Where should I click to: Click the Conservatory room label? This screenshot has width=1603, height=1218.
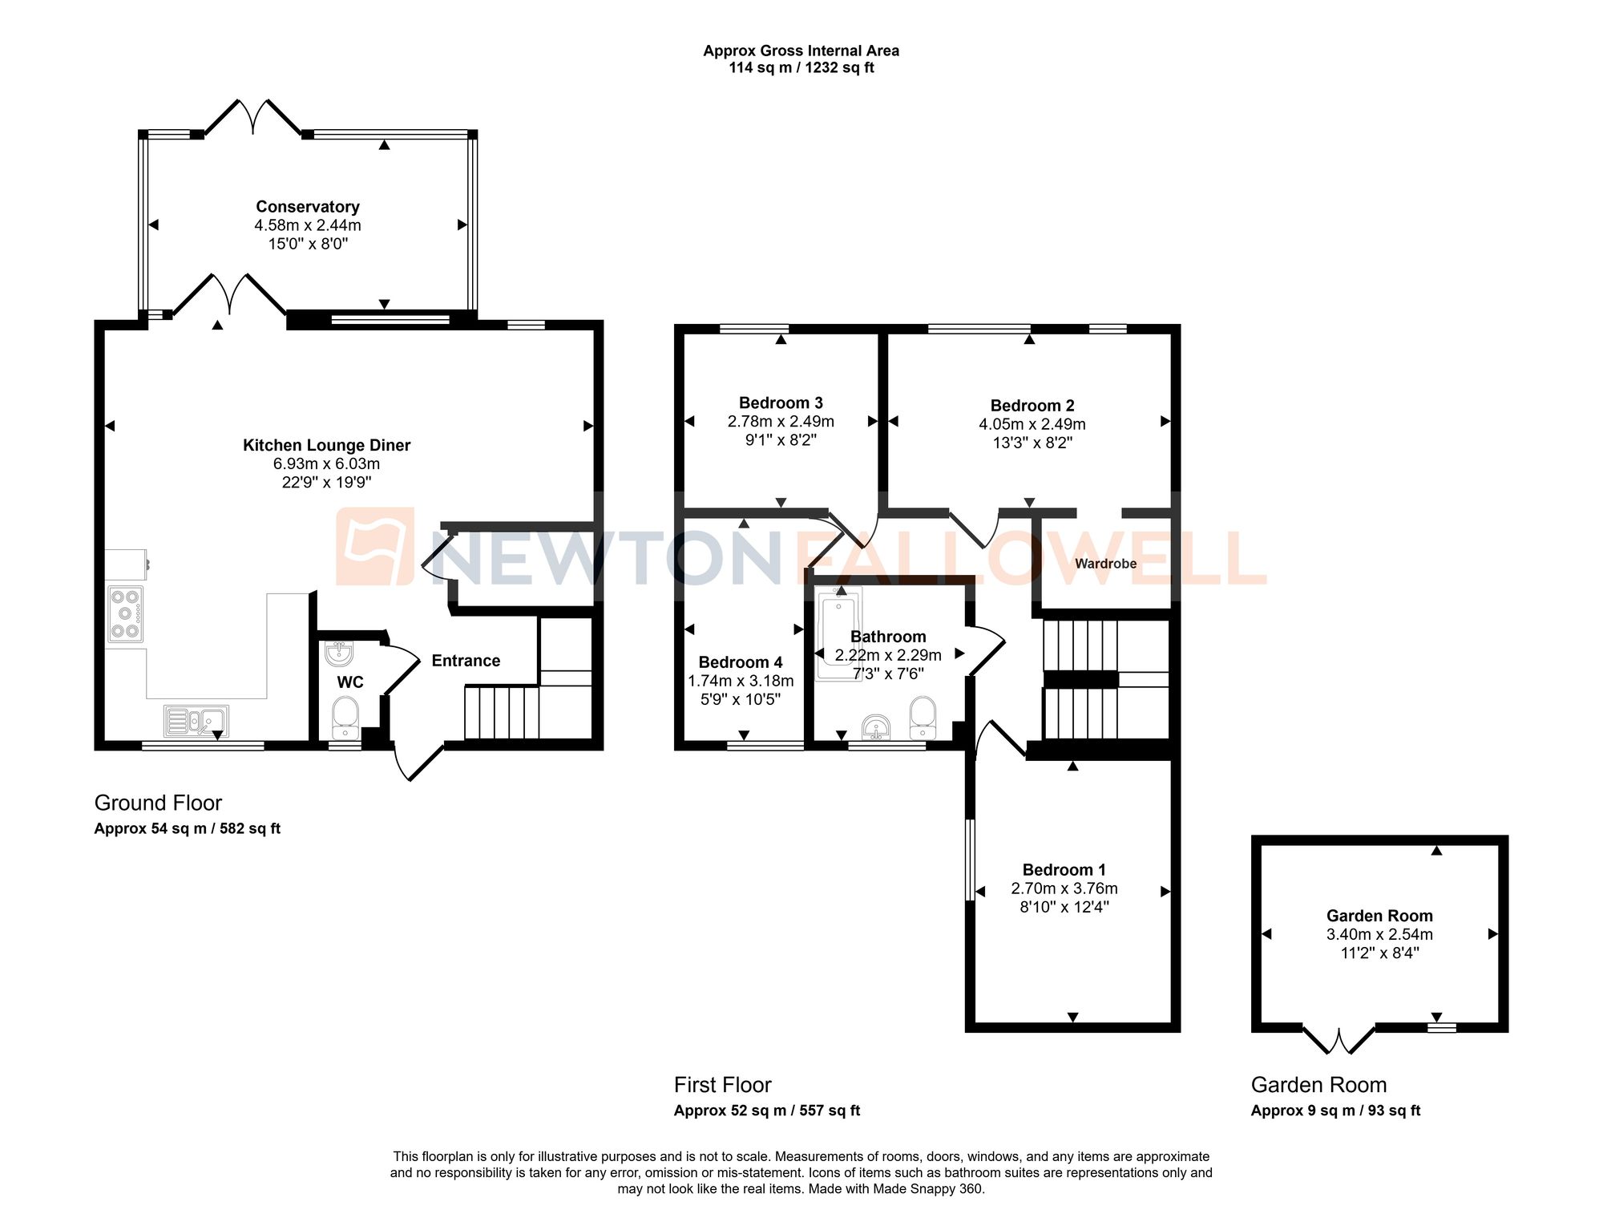click(x=308, y=207)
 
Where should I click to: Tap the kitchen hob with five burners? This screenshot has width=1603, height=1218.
click(x=126, y=614)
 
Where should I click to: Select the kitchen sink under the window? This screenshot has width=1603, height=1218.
click(x=196, y=721)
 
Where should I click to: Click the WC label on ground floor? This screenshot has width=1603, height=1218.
click(x=350, y=682)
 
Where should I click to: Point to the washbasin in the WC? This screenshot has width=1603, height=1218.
click(x=339, y=654)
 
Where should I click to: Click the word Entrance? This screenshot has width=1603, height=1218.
click(x=466, y=661)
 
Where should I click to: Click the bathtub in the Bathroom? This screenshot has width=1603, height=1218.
click(x=838, y=633)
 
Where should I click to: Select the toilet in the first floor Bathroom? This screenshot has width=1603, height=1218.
click(x=923, y=717)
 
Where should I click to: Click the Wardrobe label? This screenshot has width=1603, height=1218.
click(x=1105, y=564)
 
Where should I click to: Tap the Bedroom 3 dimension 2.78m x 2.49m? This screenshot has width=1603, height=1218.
click(x=781, y=422)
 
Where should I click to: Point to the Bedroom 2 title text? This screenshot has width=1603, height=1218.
click(x=1032, y=406)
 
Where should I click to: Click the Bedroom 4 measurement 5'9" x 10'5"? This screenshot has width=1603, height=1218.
click(x=741, y=699)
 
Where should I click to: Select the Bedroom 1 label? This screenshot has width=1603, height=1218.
click(x=1064, y=870)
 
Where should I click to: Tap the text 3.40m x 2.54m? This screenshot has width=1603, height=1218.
click(x=1379, y=934)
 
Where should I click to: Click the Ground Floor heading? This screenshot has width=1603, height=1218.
click(x=158, y=803)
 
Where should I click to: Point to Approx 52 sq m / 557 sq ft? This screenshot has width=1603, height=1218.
click(x=766, y=1111)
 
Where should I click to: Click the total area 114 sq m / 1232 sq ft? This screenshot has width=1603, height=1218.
click(x=801, y=68)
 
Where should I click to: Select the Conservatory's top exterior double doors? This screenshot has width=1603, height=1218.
click(x=253, y=117)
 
